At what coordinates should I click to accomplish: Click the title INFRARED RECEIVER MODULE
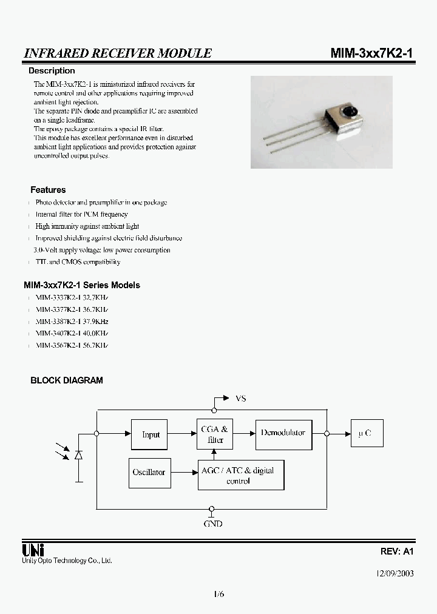[x=118, y=53]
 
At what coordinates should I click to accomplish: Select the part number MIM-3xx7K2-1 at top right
[x=371, y=53]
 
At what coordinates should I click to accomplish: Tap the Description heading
[x=52, y=71]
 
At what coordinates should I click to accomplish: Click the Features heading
[x=48, y=190]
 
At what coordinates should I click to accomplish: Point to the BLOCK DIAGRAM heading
[x=67, y=380]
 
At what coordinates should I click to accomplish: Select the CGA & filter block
[x=214, y=434]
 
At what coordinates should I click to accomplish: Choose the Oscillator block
[x=149, y=472]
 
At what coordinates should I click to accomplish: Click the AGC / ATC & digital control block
[x=241, y=475]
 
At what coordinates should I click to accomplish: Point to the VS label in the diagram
[x=241, y=399]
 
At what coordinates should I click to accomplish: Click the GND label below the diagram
[x=212, y=523]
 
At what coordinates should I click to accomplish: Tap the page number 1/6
[x=219, y=595]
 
